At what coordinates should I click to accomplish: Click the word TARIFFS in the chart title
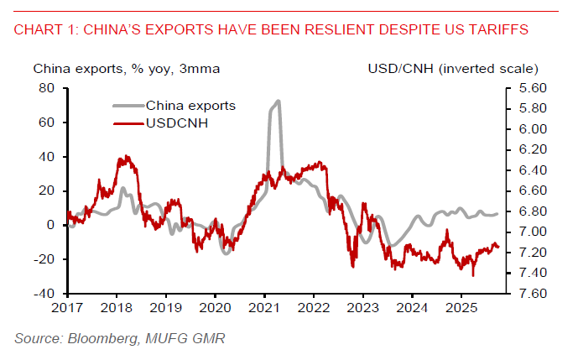pos(498,30)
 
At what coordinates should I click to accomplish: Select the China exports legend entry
pos(190,106)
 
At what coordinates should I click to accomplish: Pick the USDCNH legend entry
pos(179,124)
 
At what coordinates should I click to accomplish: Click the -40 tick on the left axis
pos(44,294)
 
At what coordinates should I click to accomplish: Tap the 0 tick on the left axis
pos(50,225)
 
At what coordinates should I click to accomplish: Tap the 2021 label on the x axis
pos(263,308)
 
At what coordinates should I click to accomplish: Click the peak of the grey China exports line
pos(277,102)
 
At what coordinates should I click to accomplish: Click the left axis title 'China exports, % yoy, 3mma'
pos(127,68)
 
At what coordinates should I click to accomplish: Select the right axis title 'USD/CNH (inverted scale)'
pos(453,68)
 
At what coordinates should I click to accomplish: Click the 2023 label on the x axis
pos(362,308)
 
